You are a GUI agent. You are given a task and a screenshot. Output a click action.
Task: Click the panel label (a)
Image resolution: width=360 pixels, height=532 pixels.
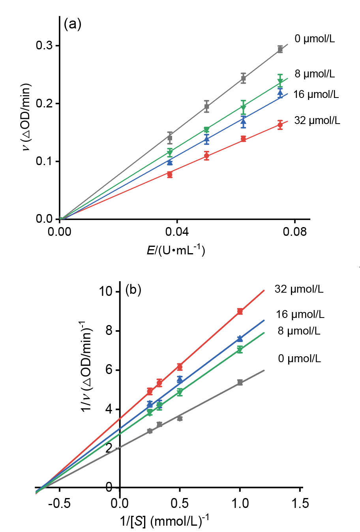click(72, 24)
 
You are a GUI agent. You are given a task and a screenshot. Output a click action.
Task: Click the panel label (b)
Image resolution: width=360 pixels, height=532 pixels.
click(133, 290)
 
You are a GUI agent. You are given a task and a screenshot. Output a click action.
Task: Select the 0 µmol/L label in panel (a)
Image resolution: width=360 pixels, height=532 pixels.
click(315, 39)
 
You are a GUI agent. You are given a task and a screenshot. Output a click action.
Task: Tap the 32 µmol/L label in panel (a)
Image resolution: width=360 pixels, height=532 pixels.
click(317, 120)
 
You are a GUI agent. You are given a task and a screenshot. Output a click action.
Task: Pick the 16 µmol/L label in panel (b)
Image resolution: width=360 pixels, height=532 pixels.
click(300, 314)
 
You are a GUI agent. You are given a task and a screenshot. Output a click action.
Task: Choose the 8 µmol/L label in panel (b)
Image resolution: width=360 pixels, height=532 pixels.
click(299, 331)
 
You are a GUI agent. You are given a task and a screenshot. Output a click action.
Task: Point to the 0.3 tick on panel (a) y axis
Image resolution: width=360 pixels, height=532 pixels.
click(44, 46)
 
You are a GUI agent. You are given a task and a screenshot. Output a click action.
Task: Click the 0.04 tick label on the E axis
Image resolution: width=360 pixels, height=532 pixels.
click(177, 232)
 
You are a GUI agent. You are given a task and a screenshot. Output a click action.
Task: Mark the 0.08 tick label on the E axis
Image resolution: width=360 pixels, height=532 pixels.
click(294, 232)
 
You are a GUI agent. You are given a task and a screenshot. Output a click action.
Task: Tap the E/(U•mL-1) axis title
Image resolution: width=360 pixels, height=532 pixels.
click(176, 250)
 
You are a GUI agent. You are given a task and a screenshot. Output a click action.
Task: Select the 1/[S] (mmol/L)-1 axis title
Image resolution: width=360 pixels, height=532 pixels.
click(164, 521)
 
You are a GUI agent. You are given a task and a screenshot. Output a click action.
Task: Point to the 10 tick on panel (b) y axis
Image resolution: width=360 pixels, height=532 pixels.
click(106, 291)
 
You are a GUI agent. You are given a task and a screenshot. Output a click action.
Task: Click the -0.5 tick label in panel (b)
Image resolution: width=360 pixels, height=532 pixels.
click(60, 504)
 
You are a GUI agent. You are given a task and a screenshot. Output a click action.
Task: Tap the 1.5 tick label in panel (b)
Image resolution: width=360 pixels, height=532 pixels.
click(300, 504)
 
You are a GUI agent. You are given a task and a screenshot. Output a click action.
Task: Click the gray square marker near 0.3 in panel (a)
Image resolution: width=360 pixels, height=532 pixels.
click(280, 49)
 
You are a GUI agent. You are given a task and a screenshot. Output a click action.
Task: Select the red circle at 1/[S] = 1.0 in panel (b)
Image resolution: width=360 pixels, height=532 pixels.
click(240, 312)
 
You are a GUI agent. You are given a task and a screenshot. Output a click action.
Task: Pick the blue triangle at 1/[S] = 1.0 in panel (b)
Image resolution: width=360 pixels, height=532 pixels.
click(240, 338)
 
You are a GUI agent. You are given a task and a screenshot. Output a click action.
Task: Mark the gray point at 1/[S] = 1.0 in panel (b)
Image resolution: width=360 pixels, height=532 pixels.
click(240, 382)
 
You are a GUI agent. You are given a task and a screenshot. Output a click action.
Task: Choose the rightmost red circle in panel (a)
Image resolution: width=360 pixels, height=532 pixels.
click(280, 126)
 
